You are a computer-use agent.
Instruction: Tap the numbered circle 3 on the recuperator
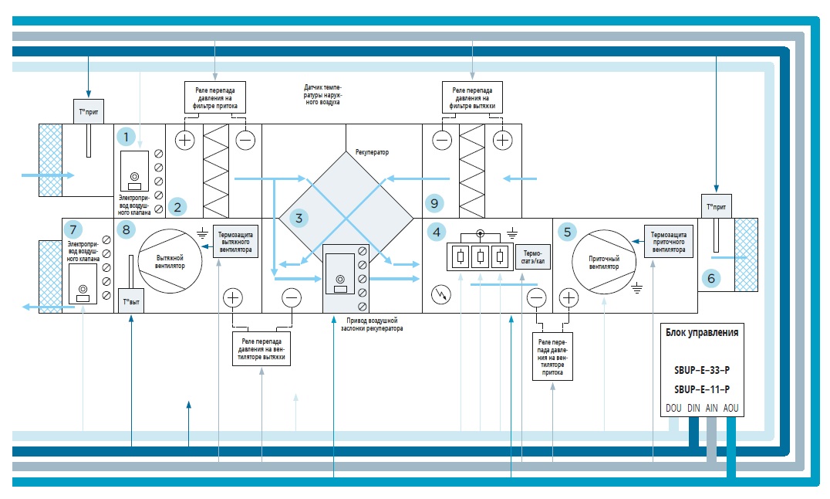pyautogui.click(x=298, y=218)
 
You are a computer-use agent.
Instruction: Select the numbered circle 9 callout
pyautogui.click(x=435, y=204)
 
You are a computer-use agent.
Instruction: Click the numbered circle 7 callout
pyautogui.click(x=73, y=229)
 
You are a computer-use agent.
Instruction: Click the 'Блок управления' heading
pyautogui.click(x=702, y=333)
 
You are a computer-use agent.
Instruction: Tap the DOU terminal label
pyautogui.click(x=673, y=408)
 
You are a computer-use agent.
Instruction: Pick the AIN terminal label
pyautogui.click(x=712, y=408)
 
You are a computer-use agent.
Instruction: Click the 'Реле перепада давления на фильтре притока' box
pyautogui.click(x=215, y=98)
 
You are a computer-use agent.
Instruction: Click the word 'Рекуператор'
pyautogui.click(x=372, y=152)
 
